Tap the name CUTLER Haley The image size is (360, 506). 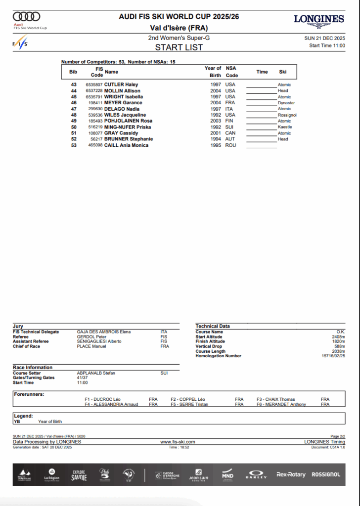coord(121,85)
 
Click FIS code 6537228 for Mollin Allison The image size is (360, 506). coord(94,91)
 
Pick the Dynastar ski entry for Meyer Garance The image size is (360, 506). coord(286,103)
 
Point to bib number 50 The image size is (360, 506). coord(74,127)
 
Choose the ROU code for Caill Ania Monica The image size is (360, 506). coord(230,145)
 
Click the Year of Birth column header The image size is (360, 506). coord(213,72)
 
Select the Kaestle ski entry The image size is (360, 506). coord(285,127)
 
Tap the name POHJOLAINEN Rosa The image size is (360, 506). coord(128,121)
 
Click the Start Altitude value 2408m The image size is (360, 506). coord(339,337)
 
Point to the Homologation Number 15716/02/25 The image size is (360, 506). coord(333,356)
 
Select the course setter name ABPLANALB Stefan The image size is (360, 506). coord(96,373)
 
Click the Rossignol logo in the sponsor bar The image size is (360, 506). coord(326,475)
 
